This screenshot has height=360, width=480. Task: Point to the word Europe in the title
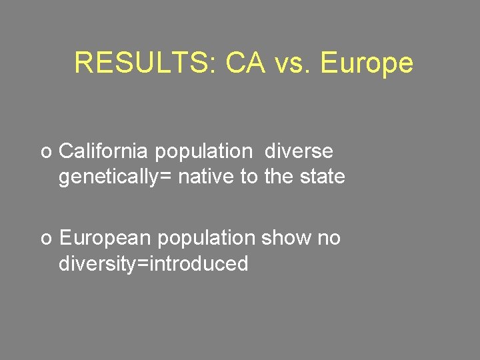tap(367, 63)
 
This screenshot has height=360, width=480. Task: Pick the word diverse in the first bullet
tap(299, 151)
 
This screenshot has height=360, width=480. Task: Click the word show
tap(287, 238)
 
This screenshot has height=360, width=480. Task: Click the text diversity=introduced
tap(153, 264)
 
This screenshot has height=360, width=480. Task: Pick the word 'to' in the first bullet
tap(249, 177)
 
